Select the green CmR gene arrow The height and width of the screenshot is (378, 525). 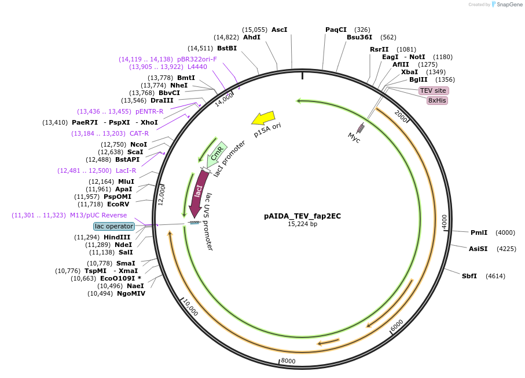216,154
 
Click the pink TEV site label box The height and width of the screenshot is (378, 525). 433,90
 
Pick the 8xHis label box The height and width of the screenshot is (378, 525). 437,100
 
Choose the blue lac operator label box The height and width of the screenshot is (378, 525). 114,226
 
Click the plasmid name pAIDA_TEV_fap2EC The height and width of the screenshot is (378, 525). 303,216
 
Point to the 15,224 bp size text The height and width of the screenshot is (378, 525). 303,224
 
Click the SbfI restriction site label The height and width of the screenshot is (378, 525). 469,276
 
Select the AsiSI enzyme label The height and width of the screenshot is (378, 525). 478,249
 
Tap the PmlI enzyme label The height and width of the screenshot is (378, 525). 479,232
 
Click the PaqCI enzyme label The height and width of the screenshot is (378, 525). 336,30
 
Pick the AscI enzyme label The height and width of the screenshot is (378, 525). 279,30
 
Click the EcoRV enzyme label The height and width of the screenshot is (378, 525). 118,204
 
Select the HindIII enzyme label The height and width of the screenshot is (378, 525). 117,238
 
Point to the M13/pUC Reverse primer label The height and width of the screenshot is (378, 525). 90,215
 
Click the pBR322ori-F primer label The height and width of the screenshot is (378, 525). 197,59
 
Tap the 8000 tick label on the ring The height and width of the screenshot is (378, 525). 288,361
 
